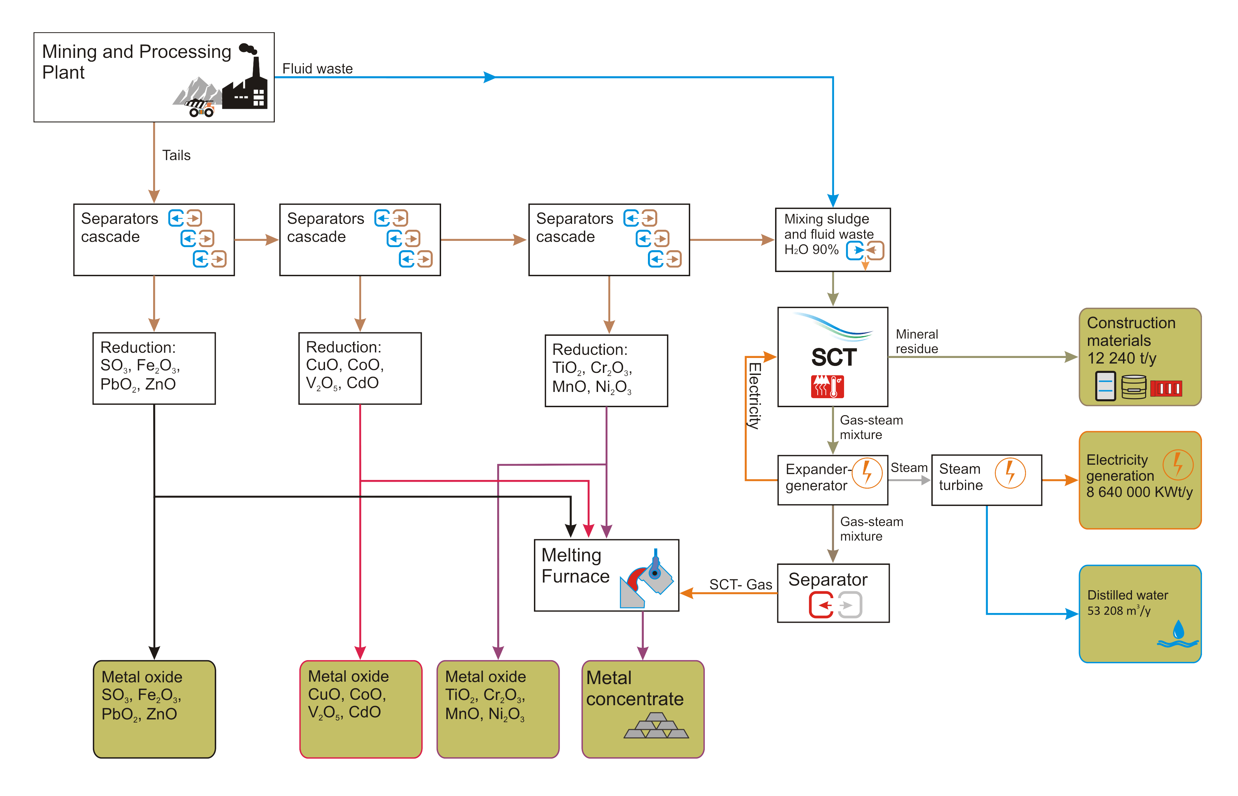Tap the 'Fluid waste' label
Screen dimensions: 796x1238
[317, 69]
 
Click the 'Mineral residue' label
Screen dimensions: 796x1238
[916, 341]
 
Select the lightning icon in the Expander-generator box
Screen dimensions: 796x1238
[867, 472]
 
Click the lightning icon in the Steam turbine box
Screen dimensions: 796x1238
[1010, 472]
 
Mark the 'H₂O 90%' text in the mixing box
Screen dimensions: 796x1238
[811, 250]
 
